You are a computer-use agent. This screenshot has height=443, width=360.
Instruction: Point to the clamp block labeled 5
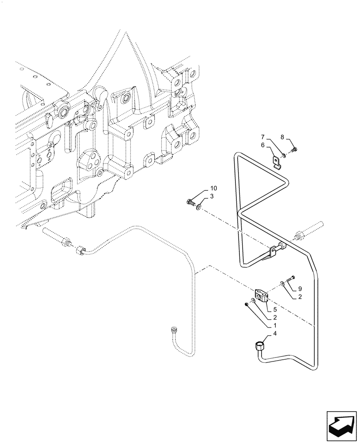pyautogui.click(x=260, y=295)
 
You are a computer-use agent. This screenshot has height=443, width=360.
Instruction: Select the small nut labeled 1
pyautogui.click(x=246, y=304)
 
